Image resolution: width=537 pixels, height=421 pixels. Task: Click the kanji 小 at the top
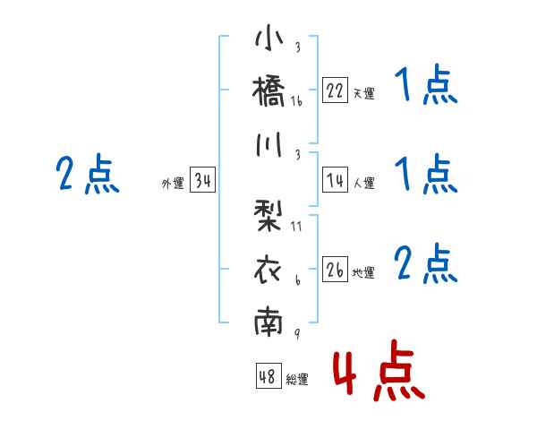[x=269, y=40]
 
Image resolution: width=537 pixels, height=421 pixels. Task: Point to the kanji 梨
[x=269, y=216]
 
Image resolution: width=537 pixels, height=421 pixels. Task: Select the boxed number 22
[x=335, y=90]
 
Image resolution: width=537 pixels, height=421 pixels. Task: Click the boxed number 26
[x=335, y=271]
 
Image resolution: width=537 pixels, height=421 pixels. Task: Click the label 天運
[x=363, y=92]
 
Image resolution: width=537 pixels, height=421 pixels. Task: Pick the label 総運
[x=297, y=380]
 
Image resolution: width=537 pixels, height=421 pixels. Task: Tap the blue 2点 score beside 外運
[x=87, y=175]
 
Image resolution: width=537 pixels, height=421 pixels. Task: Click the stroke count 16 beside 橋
[x=296, y=101]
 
